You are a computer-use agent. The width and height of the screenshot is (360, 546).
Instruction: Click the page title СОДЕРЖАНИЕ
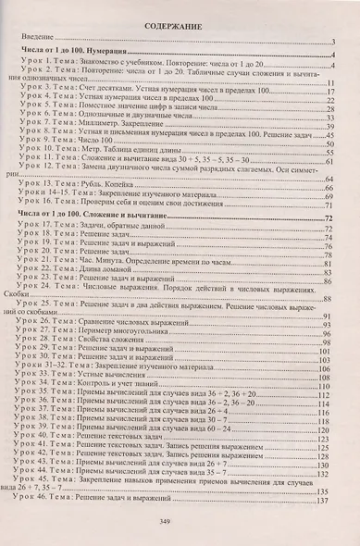(x=179, y=29)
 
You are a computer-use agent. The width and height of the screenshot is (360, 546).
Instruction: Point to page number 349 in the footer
(x=179, y=524)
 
